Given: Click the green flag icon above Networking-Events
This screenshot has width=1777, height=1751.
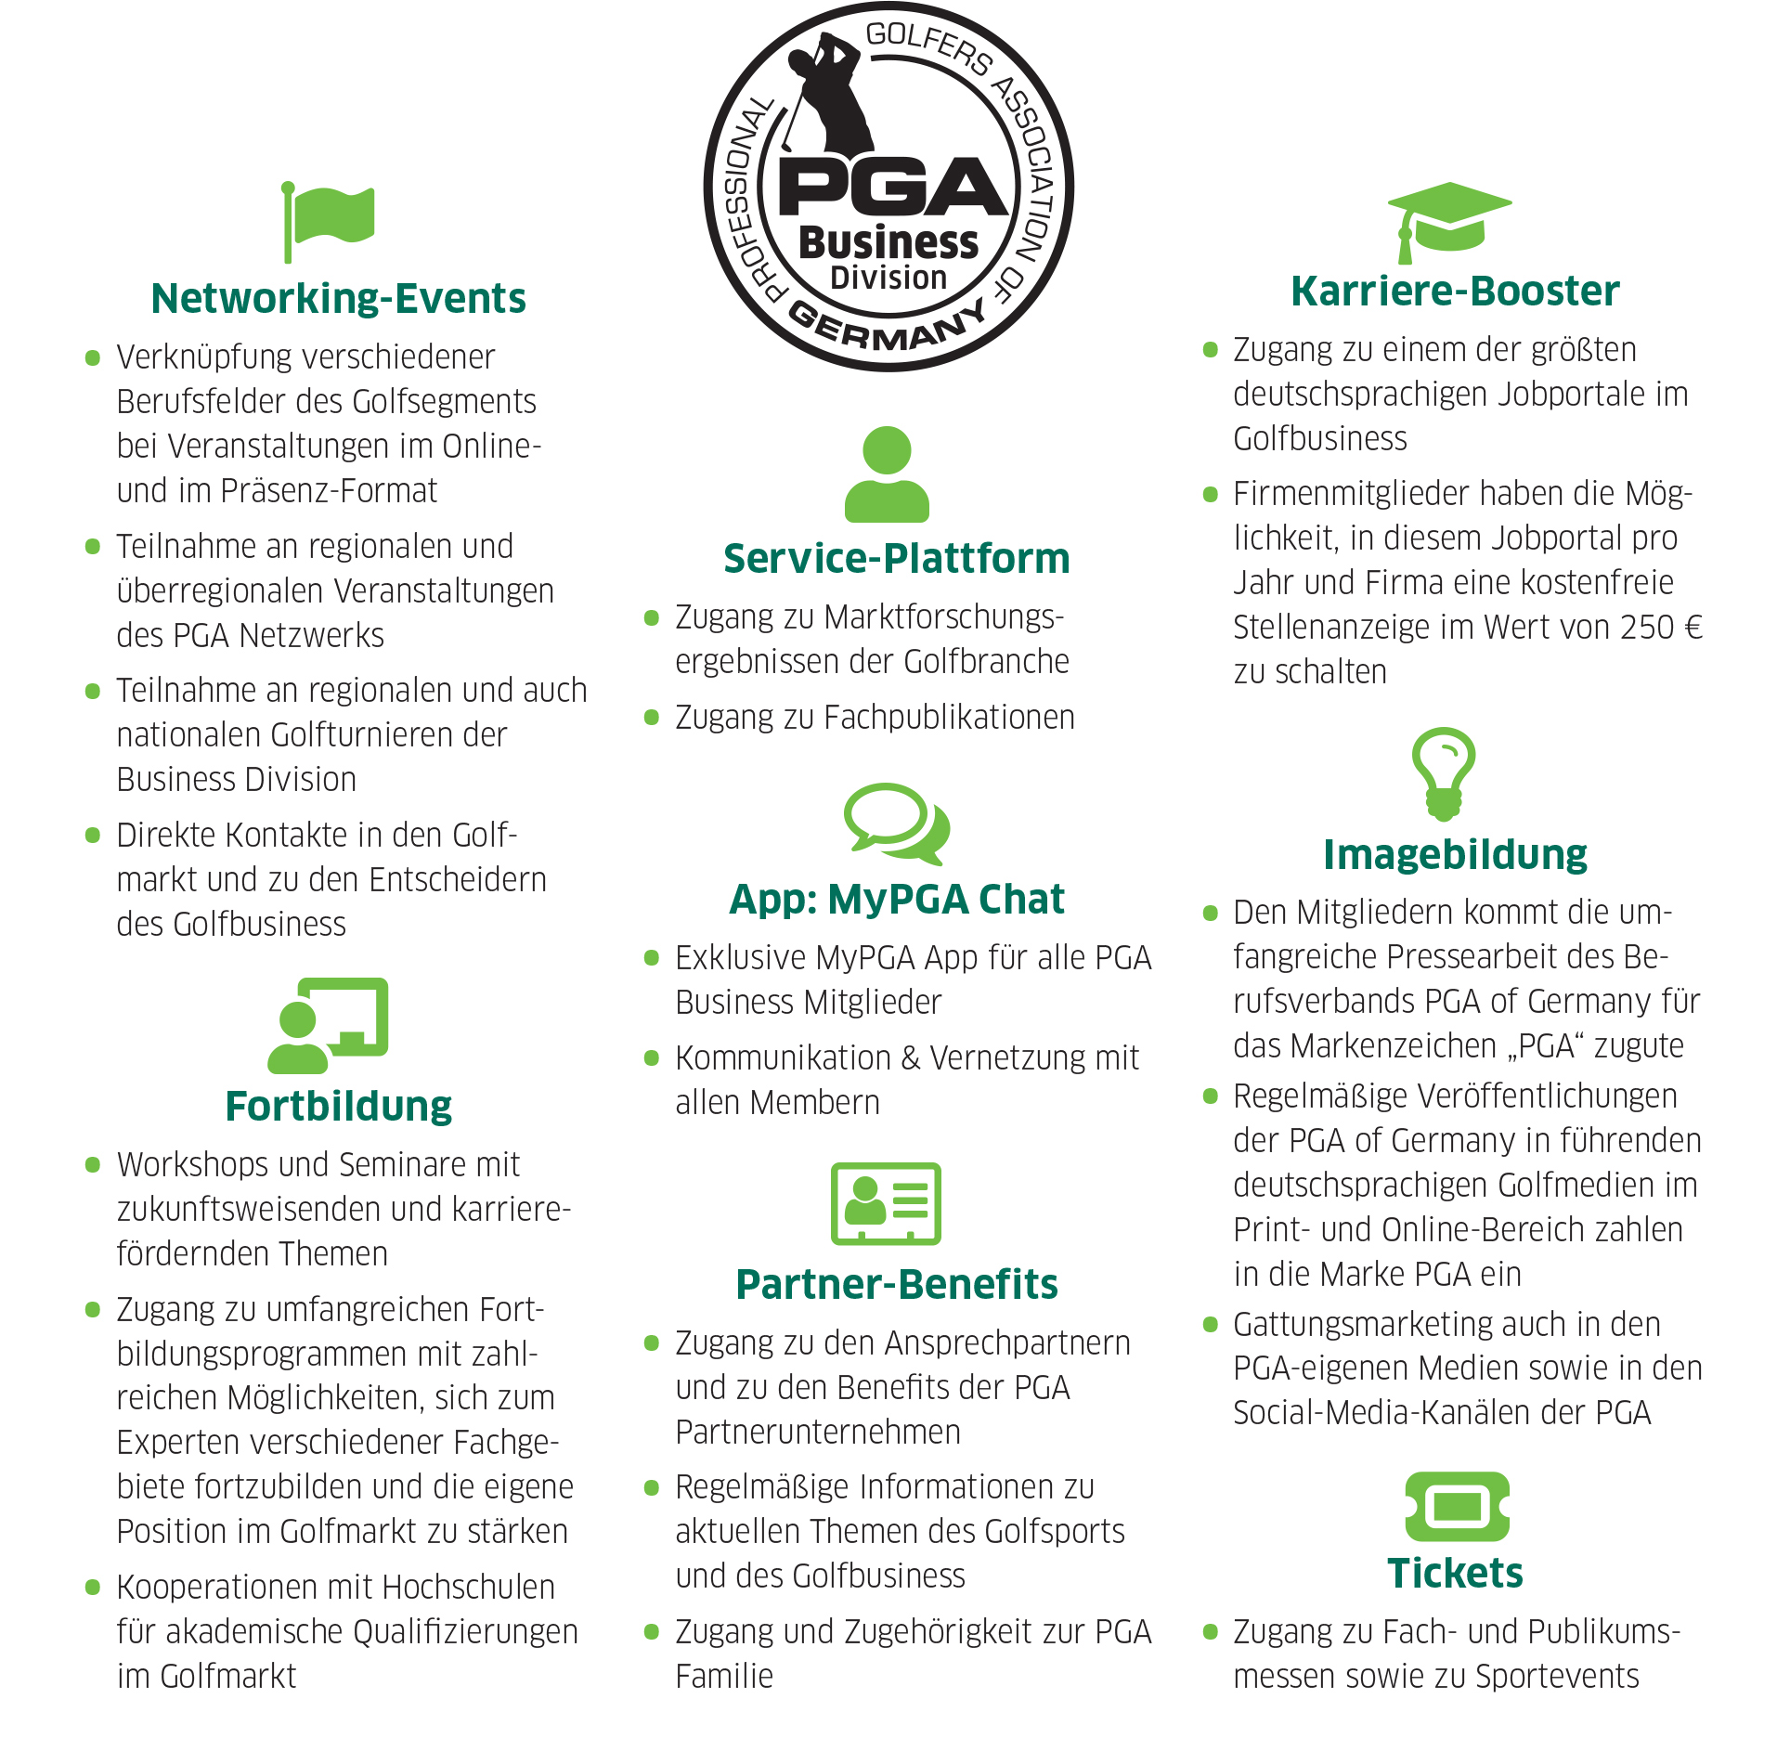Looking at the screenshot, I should coord(329,221).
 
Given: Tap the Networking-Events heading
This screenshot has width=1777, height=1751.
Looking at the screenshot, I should coord(338,299).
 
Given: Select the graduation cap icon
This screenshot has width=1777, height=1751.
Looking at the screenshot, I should coord(1448,221).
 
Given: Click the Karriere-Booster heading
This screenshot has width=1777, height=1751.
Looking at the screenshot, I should coord(1455,292).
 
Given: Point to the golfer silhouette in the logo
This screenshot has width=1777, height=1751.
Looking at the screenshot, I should coord(828,93).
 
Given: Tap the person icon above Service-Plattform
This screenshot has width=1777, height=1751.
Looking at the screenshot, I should coord(887,474).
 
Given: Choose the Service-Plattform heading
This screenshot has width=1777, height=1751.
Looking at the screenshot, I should coord(896,559).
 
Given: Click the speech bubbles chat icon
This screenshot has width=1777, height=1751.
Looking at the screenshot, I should coord(896,823).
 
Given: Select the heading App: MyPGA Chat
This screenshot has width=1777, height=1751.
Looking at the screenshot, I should coord(896,900).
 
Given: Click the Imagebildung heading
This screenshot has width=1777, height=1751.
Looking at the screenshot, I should coord(1455,855).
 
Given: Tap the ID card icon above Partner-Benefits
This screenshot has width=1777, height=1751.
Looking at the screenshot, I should coord(886,1203).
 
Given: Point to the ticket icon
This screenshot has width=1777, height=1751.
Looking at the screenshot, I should coord(1457,1506).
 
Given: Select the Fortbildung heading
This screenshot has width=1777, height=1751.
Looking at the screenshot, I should coord(338,1107).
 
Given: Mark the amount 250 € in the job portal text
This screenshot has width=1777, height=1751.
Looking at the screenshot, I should coord(1661,628).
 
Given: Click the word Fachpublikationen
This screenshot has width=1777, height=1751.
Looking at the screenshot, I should coord(949,718).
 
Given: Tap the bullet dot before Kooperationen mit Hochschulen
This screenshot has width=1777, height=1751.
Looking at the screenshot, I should coord(93,1588).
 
